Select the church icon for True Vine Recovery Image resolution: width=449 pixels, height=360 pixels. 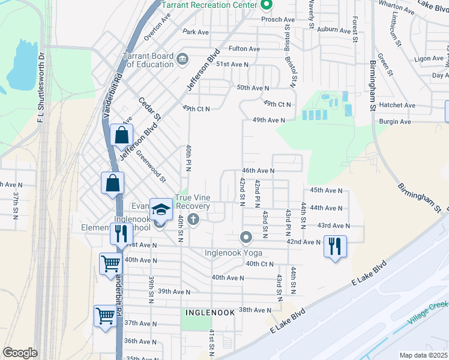(x=193, y=219)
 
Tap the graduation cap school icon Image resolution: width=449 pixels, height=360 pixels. (x=160, y=210)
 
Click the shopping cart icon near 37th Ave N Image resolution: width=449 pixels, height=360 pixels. (x=105, y=316)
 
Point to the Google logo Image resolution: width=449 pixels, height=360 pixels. (x=20, y=352)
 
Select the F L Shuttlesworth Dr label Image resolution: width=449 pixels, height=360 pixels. (x=41, y=90)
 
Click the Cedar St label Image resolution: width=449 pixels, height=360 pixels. (x=150, y=108)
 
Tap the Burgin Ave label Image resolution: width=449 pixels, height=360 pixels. (x=395, y=122)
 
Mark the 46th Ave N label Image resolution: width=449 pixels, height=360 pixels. (x=258, y=170)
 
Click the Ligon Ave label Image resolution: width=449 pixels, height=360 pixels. (x=429, y=59)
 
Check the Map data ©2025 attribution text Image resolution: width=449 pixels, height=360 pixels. (x=423, y=355)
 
